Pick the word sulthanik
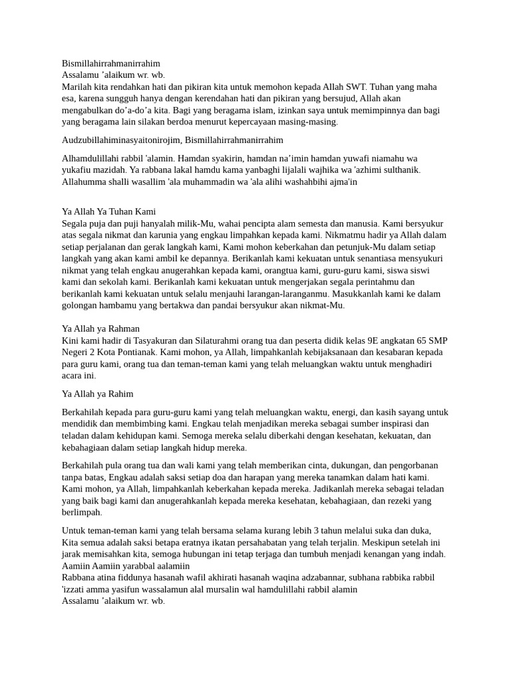tap(397, 170)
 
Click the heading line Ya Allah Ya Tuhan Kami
tap(108, 211)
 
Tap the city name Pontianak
tap(134, 352)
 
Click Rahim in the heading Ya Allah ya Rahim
tap(120, 394)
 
